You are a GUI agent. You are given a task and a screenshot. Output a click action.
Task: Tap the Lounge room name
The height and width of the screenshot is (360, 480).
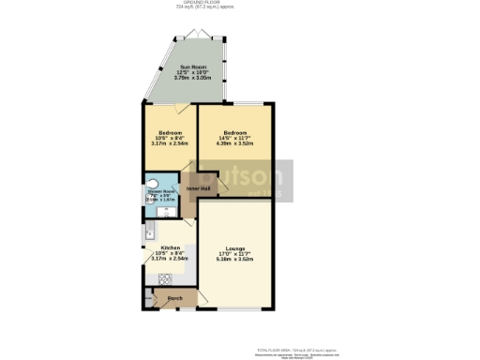click(235, 247)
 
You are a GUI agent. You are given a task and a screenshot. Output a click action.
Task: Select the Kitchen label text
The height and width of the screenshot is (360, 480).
click(158, 247)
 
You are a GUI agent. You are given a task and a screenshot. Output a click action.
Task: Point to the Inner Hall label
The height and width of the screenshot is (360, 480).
click(198, 189)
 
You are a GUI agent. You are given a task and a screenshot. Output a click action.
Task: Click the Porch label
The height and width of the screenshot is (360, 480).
click(173, 300)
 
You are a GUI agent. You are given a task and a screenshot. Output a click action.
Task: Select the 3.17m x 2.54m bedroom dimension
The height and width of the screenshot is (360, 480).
click(170, 144)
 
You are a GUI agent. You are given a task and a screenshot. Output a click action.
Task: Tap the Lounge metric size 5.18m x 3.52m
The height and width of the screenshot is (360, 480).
click(235, 259)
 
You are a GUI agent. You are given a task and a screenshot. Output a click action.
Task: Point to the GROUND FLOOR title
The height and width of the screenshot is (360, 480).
click(239, 3)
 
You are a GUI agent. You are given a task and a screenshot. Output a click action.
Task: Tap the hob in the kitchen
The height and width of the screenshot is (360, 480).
click(163, 277)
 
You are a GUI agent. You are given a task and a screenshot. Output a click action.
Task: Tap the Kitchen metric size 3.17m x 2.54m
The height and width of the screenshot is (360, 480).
click(158, 259)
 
